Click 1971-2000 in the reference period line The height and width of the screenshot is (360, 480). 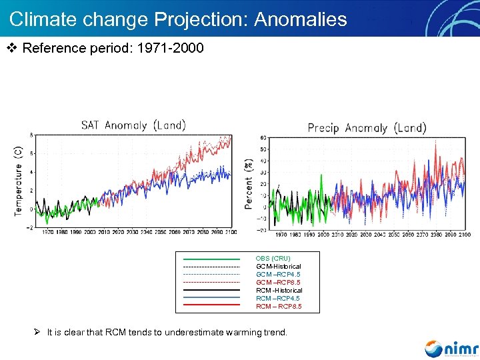click(x=170, y=49)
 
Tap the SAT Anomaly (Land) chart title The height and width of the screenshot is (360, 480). click(x=133, y=125)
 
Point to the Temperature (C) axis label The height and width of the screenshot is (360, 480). click(x=19, y=180)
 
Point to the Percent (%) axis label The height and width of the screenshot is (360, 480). click(x=249, y=183)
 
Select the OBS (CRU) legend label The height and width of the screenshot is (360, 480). click(x=273, y=258)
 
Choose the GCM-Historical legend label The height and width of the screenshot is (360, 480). click(x=278, y=266)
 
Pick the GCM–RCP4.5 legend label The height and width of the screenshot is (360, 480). click(x=278, y=274)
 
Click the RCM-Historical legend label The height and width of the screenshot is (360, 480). click(x=279, y=290)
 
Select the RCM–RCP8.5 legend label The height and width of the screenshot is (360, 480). click(x=279, y=306)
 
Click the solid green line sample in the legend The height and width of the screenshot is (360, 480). click(x=211, y=258)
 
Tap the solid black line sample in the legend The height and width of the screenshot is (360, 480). click(x=211, y=290)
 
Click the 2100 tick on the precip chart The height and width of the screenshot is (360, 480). click(x=464, y=235)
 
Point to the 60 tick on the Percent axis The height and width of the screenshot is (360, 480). click(x=263, y=138)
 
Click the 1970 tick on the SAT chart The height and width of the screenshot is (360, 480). click(x=49, y=233)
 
